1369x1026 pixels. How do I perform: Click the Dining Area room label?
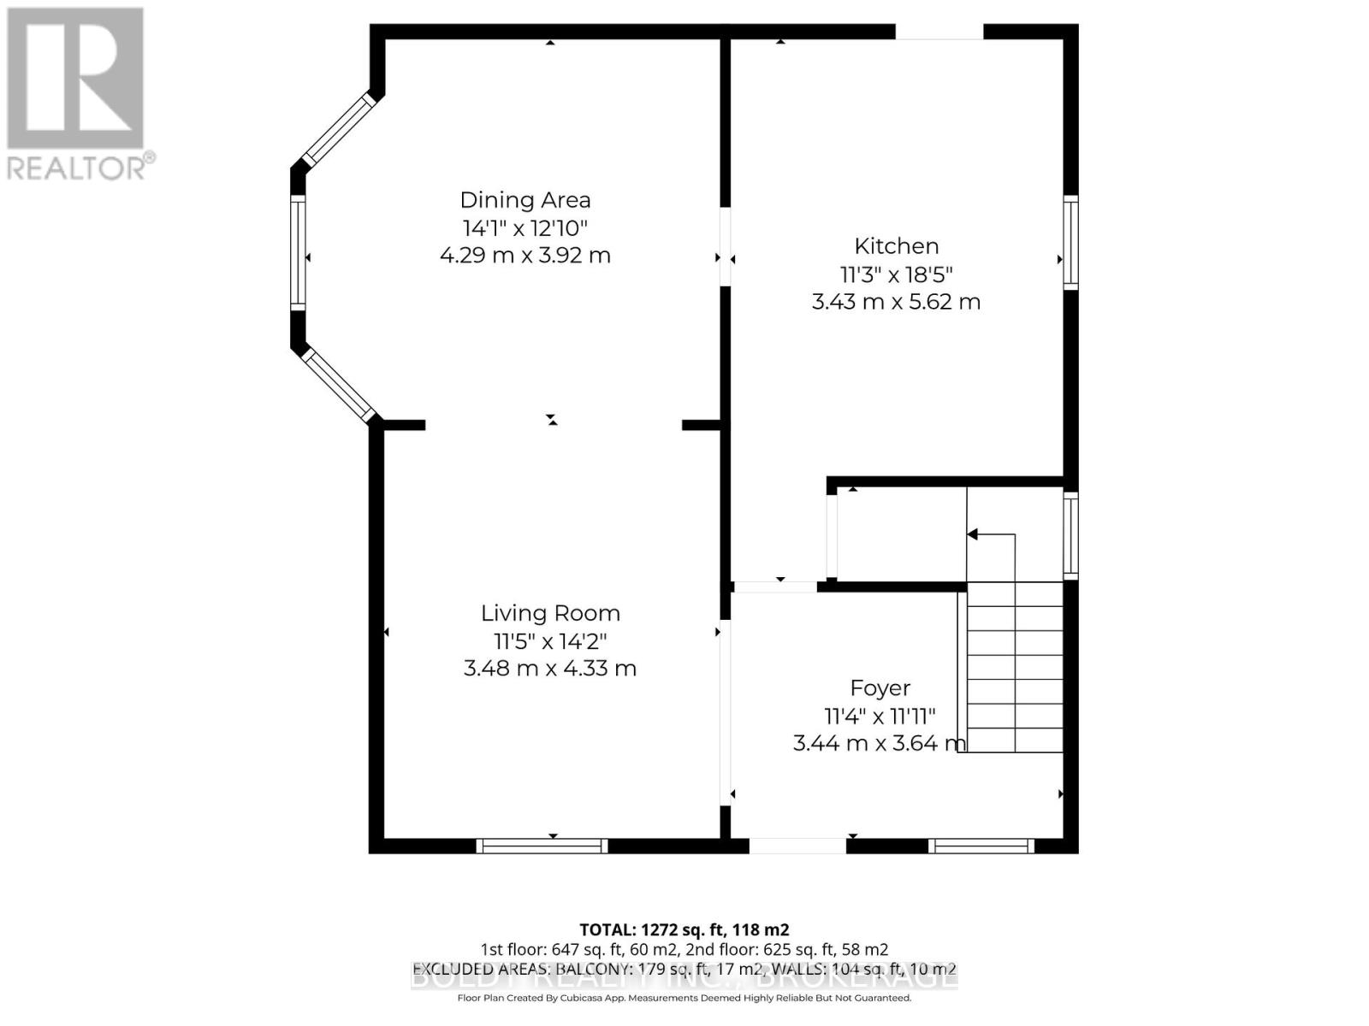click(525, 200)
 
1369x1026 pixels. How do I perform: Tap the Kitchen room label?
click(896, 246)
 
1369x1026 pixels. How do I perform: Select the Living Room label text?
click(550, 613)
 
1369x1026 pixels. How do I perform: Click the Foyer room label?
click(880, 688)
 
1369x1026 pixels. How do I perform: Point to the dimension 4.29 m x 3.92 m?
click(525, 256)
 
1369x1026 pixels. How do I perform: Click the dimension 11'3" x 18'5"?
click(896, 274)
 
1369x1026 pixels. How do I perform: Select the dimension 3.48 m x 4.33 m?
click(550, 669)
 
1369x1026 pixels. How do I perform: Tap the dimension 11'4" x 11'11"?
click(880, 716)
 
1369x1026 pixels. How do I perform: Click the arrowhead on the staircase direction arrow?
click(972, 534)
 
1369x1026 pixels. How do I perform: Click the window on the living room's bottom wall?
click(542, 846)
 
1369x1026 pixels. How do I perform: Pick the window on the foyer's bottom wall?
click(981, 846)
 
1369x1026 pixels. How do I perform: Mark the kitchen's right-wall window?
click(1070, 242)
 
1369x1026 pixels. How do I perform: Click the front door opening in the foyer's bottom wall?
click(797, 846)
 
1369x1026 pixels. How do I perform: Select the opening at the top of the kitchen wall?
click(939, 32)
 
